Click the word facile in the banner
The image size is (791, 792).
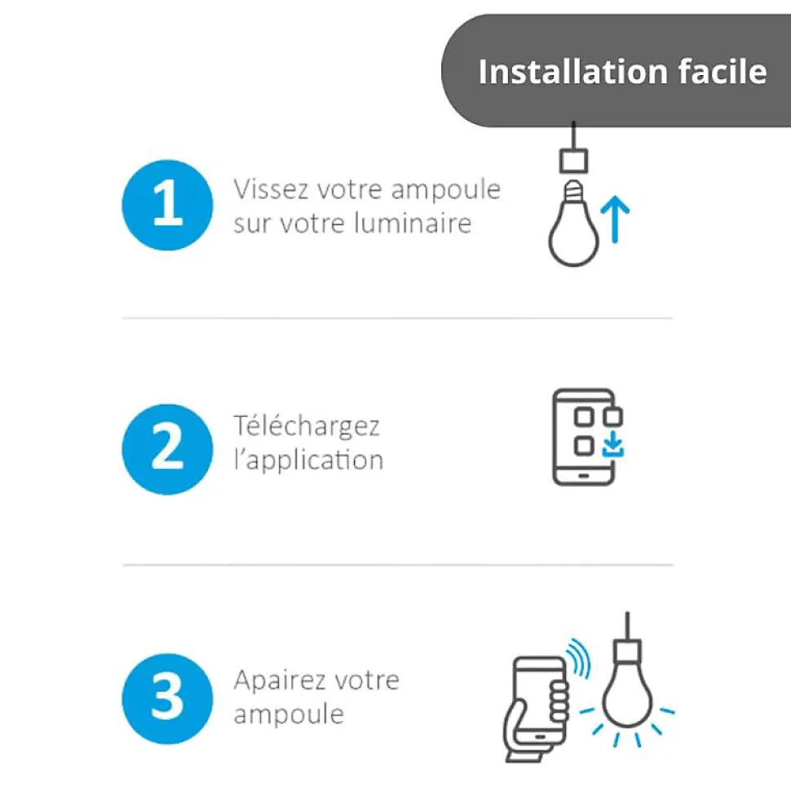(723, 71)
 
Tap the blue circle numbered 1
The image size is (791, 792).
(167, 205)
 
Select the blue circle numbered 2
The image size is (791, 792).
(167, 449)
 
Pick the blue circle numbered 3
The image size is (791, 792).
(167, 698)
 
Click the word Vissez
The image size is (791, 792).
(271, 189)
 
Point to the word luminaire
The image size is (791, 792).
(413, 223)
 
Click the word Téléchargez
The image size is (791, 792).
(307, 426)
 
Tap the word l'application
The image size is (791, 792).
(308, 460)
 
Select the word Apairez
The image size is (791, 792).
(278, 680)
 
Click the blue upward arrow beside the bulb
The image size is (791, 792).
(615, 219)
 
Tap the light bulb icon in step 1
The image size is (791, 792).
(573, 223)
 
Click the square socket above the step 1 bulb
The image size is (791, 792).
(574, 161)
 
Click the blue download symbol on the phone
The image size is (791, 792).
(613, 444)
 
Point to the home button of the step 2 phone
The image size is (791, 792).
(583, 476)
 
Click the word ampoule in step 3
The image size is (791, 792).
(289, 715)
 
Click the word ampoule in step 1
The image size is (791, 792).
(445, 189)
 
